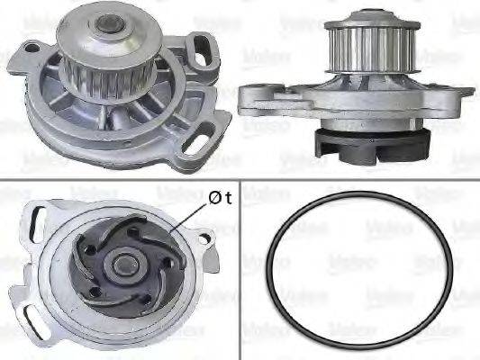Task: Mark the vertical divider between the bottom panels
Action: click(x=241, y=269)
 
